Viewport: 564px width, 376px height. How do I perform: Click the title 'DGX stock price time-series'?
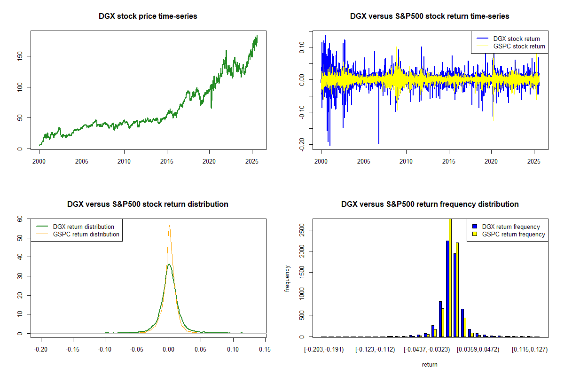point(148,16)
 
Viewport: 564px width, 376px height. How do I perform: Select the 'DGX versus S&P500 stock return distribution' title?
point(148,204)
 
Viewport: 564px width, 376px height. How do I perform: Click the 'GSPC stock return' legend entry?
point(519,46)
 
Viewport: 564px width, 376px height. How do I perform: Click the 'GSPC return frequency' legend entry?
point(514,234)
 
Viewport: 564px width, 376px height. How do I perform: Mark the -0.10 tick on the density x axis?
point(104,349)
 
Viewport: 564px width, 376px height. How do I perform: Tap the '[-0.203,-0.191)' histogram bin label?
point(324,350)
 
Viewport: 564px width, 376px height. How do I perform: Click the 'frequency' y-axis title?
point(287,278)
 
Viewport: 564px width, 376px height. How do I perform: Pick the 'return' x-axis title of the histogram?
point(430,364)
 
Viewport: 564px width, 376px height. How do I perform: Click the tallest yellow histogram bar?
point(450,277)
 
